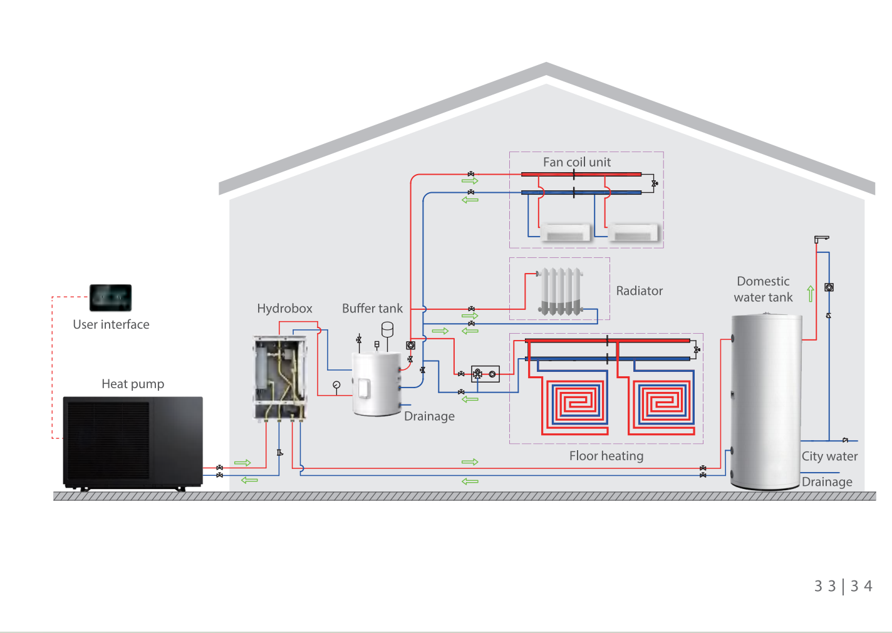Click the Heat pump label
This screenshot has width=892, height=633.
coord(133,384)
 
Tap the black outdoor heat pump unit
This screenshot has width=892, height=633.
coord(133,443)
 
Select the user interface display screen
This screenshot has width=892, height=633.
coord(110,297)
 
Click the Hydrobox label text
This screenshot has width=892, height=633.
coord(284,309)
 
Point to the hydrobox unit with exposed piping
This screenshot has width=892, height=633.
coord(281,378)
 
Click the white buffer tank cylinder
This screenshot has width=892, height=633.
coord(376,384)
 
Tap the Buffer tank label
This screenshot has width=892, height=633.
coord(372,309)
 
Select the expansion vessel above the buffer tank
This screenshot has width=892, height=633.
coord(387,329)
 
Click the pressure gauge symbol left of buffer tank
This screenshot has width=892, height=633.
coord(336,385)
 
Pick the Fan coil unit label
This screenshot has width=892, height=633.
coord(577,162)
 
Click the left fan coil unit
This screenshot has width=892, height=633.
coord(565,232)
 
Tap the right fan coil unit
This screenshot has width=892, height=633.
coord(633,232)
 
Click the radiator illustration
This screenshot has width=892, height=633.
coord(560,291)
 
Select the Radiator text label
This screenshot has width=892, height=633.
coord(639,291)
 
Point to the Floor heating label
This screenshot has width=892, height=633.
coord(606,456)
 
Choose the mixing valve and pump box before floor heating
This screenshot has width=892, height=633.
coord(485,374)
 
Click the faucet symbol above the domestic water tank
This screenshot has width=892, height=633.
coord(821,239)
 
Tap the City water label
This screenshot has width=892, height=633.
coord(829,456)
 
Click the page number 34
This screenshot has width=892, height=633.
coord(861,586)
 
